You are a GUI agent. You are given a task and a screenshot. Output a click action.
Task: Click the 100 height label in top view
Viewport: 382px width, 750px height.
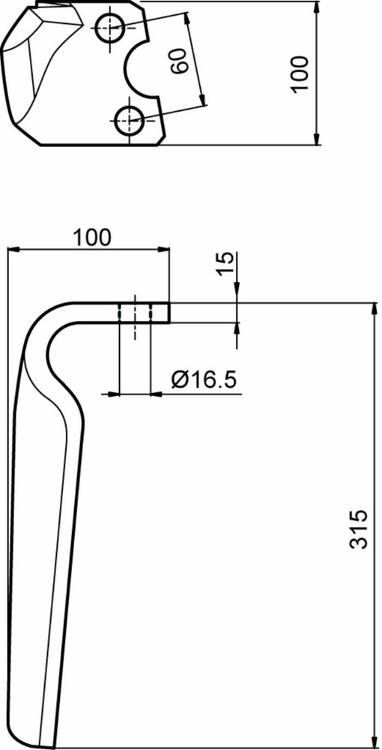coord(300,73)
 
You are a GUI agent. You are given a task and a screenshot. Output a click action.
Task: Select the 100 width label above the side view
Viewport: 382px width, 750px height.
coord(92,238)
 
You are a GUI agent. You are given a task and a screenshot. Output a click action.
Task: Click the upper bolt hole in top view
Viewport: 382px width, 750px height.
coord(110,28)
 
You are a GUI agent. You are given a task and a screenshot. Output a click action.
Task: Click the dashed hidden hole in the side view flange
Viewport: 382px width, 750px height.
coord(135,313)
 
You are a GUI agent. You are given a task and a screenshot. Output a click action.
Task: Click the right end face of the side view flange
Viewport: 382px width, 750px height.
coord(169,312)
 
